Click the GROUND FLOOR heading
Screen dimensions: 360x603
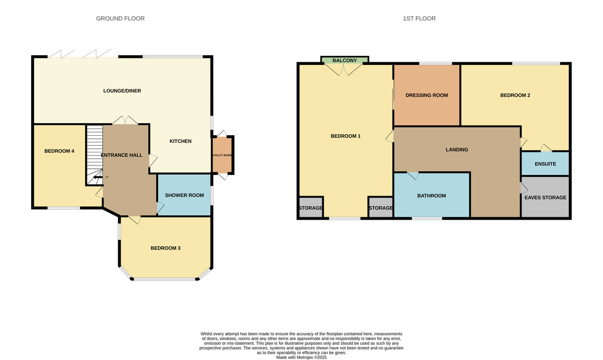pyautogui.click(x=120, y=19)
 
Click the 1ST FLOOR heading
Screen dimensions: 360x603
pyautogui.click(x=419, y=19)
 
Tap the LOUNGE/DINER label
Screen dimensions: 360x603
pyautogui.click(x=122, y=91)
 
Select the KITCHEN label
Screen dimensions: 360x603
pyautogui.click(x=180, y=141)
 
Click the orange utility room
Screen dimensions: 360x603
pyautogui.click(x=222, y=155)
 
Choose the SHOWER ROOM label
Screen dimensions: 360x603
pyautogui.click(x=184, y=195)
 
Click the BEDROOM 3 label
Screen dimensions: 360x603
pyautogui.click(x=165, y=248)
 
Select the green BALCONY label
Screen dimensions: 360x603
pyautogui.click(x=345, y=61)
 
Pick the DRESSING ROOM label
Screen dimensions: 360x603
pyautogui.click(x=426, y=95)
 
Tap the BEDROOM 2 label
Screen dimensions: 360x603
pyautogui.click(x=515, y=95)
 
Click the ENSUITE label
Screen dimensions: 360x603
pyautogui.click(x=545, y=164)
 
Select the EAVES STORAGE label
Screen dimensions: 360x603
pyautogui.click(x=545, y=198)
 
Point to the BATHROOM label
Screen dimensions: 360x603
pyautogui.click(x=431, y=196)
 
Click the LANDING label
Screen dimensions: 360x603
pyautogui.click(x=456, y=149)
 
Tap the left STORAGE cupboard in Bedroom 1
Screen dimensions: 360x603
pyautogui.click(x=311, y=208)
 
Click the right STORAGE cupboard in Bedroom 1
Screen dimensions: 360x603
pyautogui.click(x=380, y=208)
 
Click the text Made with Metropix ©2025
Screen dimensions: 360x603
pyautogui.click(x=301, y=357)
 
